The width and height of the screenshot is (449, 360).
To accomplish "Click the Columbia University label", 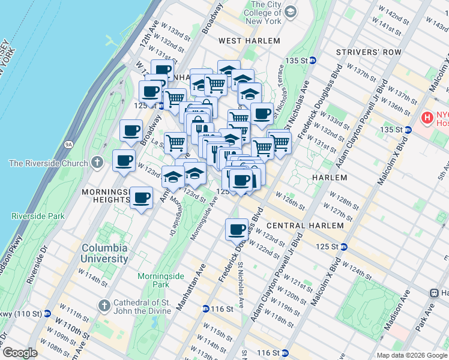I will (104, 253).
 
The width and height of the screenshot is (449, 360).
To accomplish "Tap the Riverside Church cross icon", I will (97, 163).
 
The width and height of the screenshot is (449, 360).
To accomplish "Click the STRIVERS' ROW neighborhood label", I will (369, 52).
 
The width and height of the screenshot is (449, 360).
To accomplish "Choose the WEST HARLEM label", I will (249, 41).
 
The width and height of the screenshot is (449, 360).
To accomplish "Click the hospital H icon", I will (427, 116).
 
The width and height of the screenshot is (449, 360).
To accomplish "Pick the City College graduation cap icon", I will (291, 12).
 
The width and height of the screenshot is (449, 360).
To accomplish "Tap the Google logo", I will (20, 353).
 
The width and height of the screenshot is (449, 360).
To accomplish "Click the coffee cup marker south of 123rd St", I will (237, 229).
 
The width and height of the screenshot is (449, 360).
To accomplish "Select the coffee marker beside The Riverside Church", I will (124, 161).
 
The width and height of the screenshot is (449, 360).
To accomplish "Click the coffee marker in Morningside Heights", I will (141, 197).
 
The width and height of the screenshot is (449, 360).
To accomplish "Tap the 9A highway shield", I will (68, 144).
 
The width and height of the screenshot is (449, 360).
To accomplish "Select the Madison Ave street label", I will (398, 309).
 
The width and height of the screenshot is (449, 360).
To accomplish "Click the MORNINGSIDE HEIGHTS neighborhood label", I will (106, 196).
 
